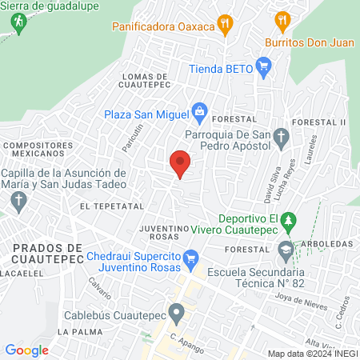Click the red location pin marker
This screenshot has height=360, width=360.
pyautogui.click(x=181, y=162)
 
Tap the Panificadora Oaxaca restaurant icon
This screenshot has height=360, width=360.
pyautogui.click(x=227, y=26)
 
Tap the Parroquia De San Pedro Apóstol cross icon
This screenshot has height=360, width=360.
pyautogui.click(x=281, y=136)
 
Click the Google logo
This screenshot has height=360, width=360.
pyautogui.click(x=26, y=350)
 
